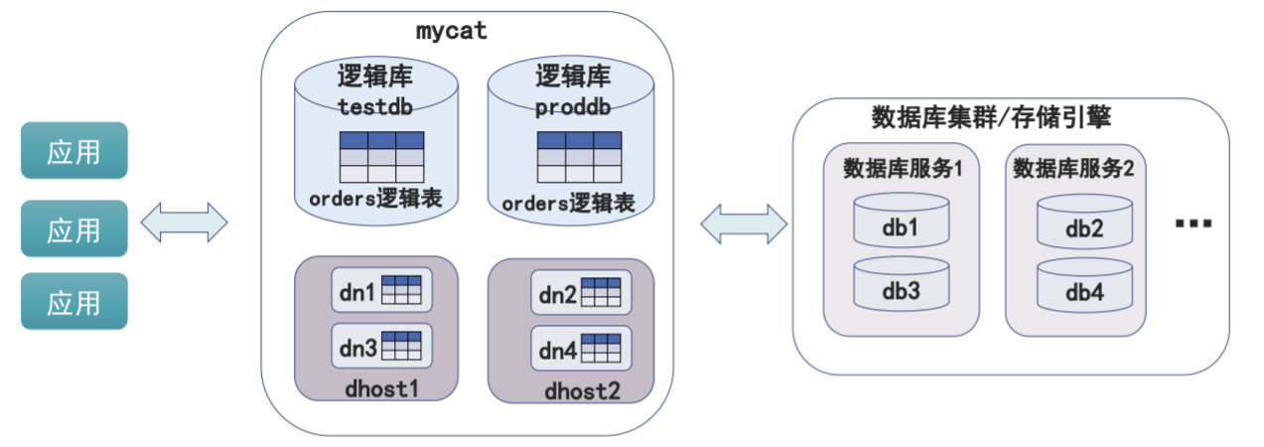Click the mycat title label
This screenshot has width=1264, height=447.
[451, 31]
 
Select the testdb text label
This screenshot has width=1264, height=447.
[374, 106]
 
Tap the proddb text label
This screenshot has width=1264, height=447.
[572, 107]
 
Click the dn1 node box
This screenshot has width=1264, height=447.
[381, 292]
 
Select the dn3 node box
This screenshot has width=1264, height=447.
[381, 347]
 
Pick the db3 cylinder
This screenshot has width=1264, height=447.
[900, 285]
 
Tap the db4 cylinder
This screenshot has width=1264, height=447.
[1084, 287]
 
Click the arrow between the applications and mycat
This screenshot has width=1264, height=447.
[185, 223]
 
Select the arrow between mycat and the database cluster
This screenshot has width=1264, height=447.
[744, 223]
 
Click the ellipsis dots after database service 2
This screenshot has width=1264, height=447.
[1193, 224]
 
